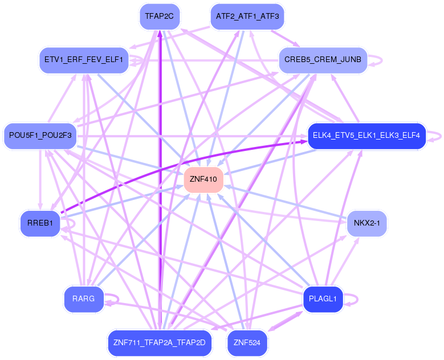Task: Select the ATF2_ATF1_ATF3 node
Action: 247,17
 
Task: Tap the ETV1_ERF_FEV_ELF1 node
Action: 83,60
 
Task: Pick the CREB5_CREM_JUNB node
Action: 323,60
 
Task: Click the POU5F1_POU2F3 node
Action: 39,136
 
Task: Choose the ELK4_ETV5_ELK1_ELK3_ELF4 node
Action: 366,136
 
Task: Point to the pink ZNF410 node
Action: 203,179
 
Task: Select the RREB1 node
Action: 40,223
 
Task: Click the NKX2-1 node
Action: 366,223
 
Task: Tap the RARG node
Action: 83,298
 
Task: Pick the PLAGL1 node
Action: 323,298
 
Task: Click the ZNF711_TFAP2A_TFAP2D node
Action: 159,343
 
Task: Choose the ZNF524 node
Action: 247,343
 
